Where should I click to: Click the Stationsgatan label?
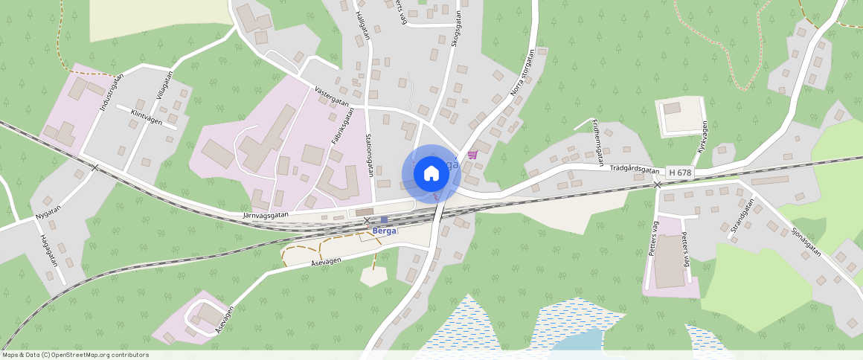click(368, 154)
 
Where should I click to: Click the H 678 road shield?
click(680, 173)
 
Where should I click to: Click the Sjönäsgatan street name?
click(806, 241)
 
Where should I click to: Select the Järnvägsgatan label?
click(266, 215)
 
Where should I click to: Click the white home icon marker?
click(431, 173)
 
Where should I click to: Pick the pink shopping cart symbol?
click(472, 154)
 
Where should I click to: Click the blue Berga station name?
click(385, 231)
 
